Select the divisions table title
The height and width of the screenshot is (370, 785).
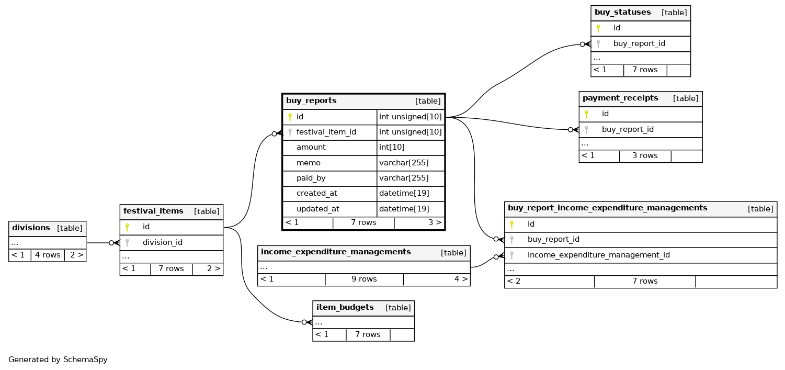31,228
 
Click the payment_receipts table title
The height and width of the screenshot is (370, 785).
620,98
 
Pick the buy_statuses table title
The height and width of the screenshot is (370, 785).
622,12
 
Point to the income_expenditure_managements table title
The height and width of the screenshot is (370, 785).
336,252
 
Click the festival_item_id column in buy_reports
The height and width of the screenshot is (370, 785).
326,132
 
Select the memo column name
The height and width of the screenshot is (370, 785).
308,163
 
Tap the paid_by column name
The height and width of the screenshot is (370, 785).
311,178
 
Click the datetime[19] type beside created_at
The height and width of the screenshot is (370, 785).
404,193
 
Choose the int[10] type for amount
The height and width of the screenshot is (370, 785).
392,148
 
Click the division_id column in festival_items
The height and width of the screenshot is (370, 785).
162,242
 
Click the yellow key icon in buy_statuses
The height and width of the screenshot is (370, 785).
598,28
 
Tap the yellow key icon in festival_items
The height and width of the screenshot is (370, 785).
127,227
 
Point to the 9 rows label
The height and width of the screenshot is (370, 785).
364,279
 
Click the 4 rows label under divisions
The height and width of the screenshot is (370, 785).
48,255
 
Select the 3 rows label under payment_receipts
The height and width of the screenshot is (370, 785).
645,155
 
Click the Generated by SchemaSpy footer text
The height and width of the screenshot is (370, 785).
58,360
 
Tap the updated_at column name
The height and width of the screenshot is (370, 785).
317,209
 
